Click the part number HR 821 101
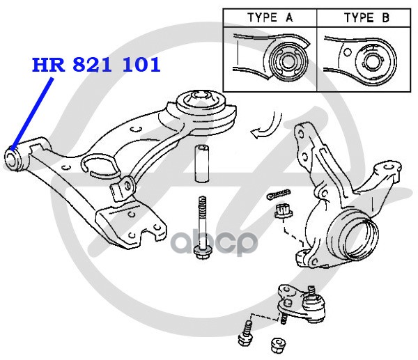tap(96, 65)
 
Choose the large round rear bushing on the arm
tap(206, 108)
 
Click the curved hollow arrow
tap(263, 129)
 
